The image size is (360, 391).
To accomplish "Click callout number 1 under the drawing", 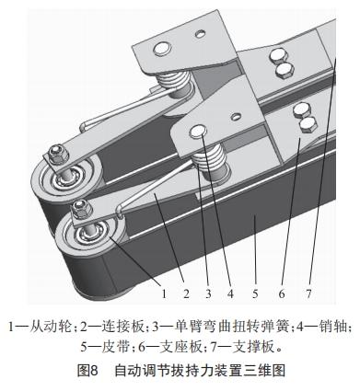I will click(164, 293).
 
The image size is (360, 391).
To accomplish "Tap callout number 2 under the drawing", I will click(187, 293).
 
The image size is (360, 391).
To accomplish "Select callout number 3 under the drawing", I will click(210, 293).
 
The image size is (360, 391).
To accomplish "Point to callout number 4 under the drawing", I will click(230, 293).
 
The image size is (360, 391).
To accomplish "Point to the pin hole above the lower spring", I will click(199, 133).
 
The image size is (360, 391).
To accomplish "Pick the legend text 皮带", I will click(112, 349).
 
